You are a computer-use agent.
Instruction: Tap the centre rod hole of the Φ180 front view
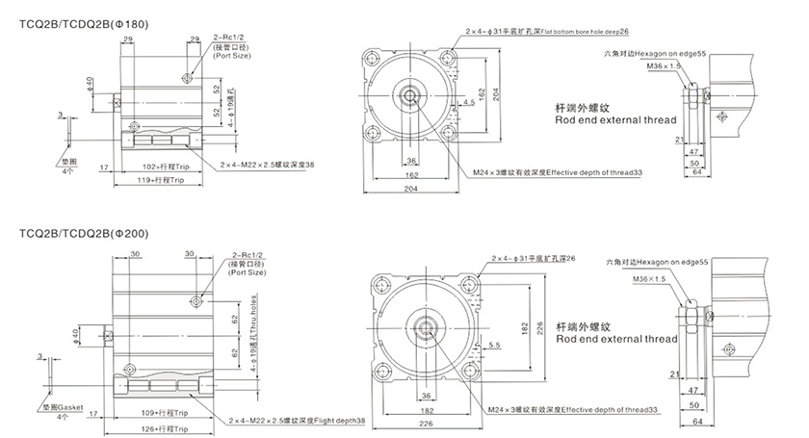[x=410, y=96]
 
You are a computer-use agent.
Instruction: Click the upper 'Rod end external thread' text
[x=616, y=120]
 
